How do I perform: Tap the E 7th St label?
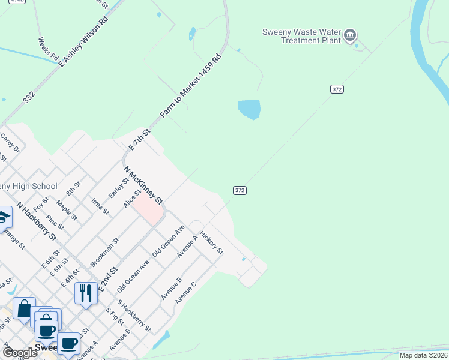click(139, 139)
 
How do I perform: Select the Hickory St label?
click(211, 242)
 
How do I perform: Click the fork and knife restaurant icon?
click(86, 293)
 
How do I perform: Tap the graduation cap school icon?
click(4, 217)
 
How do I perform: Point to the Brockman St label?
click(104, 252)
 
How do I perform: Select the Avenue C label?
click(185, 292)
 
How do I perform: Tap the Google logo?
click(20, 353)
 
